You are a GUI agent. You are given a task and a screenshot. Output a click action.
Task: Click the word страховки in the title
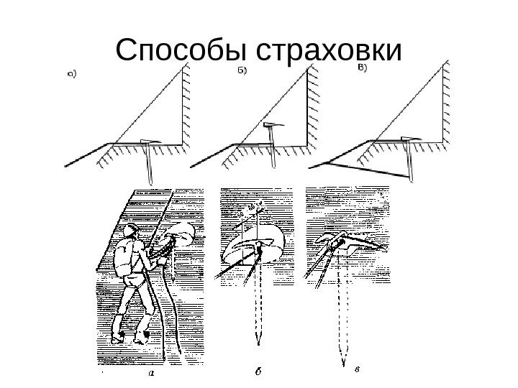tap(327, 50)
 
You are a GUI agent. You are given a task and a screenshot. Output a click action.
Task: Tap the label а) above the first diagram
tap(73, 72)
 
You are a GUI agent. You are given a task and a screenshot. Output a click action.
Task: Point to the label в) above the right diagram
tap(363, 69)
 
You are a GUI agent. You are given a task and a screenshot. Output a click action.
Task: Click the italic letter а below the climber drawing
tap(150, 373)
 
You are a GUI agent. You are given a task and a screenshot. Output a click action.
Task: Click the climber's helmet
tap(129, 231)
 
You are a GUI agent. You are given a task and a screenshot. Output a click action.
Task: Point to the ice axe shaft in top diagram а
tap(149, 164)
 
